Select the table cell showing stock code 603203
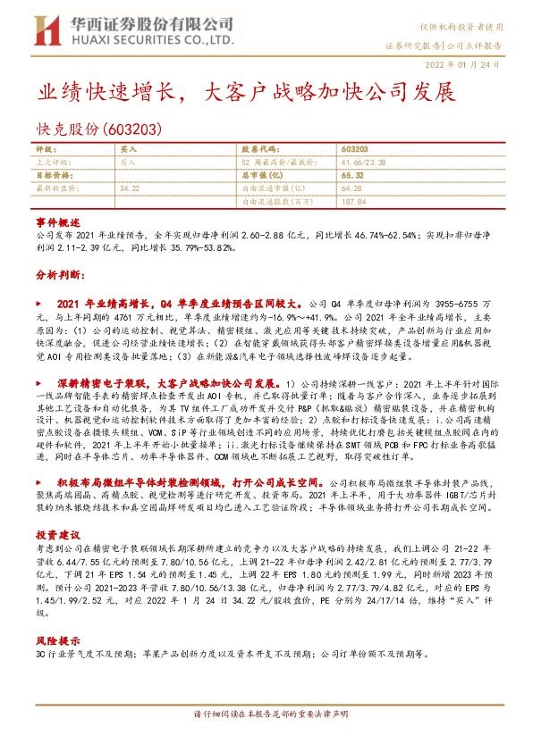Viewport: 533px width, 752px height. (355, 148)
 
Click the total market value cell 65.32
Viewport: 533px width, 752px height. (352, 176)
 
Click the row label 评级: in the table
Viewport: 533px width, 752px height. (46, 148)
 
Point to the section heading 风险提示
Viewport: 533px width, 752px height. (52, 666)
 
